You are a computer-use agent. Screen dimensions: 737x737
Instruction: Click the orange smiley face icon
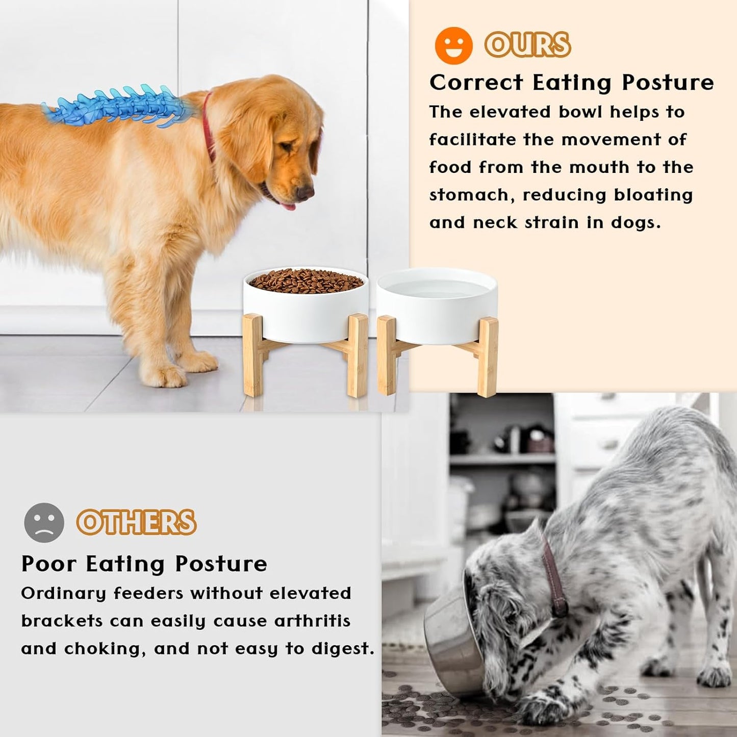[x=453, y=45]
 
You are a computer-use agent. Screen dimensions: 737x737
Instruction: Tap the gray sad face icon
[x=44, y=522]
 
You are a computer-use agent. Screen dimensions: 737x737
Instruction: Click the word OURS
[x=527, y=45]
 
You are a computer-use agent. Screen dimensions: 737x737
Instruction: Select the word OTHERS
[x=136, y=522]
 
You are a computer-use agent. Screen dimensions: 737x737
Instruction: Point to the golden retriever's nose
[x=306, y=192]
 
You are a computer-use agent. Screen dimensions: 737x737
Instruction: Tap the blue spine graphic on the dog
[x=120, y=108]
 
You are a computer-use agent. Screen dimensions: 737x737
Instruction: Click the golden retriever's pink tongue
[x=288, y=206]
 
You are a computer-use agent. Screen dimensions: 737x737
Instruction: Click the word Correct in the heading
[x=476, y=83]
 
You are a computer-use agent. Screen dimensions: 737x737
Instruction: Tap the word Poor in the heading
[x=48, y=564]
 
